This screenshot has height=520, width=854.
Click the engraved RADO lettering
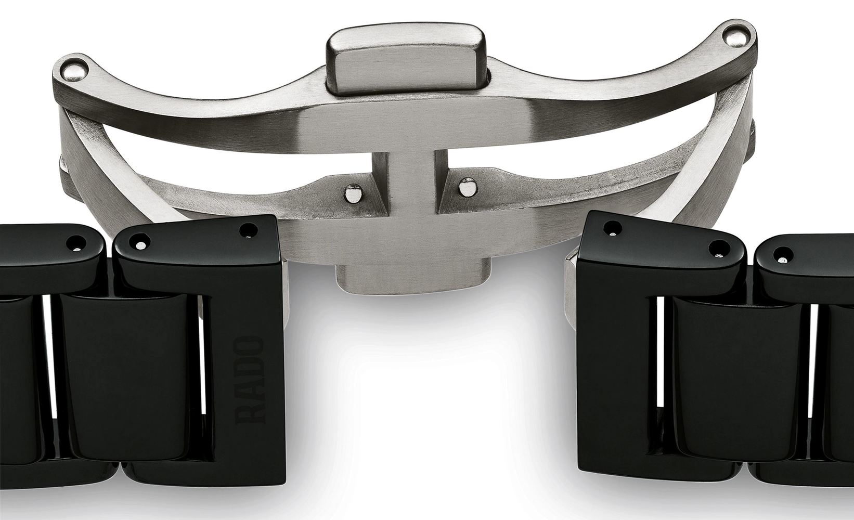[x=251, y=380]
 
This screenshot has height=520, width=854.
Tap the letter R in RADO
[x=251, y=414]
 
